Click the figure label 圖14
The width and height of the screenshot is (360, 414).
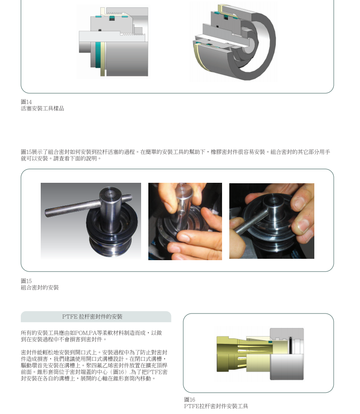pyautogui.click(x=26, y=102)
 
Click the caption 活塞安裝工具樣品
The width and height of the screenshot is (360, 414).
pyautogui.click(x=42, y=109)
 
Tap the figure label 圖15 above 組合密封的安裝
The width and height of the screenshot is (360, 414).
pyautogui.click(x=26, y=281)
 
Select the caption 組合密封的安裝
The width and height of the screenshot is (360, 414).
pyautogui.click(x=40, y=287)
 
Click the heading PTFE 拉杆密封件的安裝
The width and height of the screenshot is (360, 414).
pyautogui.click(x=92, y=317)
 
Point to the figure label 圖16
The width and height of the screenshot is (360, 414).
pyautogui.click(x=189, y=400)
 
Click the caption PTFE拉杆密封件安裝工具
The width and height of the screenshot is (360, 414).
pyautogui.click(x=216, y=406)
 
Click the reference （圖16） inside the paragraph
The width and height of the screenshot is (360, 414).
pyautogui.click(x=118, y=372)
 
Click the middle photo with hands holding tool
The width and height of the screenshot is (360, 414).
pyautogui.click(x=185, y=221)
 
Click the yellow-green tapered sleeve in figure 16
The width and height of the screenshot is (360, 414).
pyautogui.click(x=243, y=354)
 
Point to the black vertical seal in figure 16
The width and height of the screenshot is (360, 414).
pyautogui.click(x=290, y=345)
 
